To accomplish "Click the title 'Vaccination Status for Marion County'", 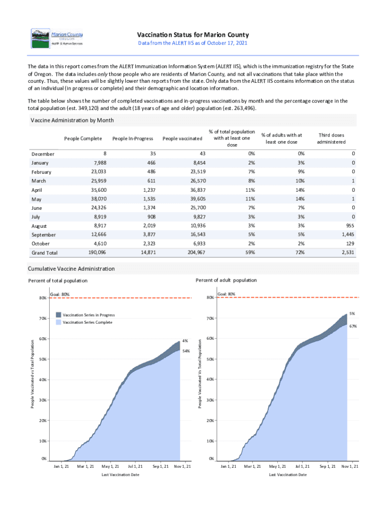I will click(x=193, y=35).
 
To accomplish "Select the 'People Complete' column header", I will click(x=83, y=139).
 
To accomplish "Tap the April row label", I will click(x=38, y=190).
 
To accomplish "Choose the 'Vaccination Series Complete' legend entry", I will click(x=84, y=322).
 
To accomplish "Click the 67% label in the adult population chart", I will click(x=352, y=326).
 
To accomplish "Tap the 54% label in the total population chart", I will click(x=186, y=351).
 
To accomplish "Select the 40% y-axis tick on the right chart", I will click(x=210, y=379).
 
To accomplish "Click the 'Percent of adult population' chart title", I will click(x=226, y=280).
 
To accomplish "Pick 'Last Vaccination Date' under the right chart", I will click(x=288, y=474).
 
